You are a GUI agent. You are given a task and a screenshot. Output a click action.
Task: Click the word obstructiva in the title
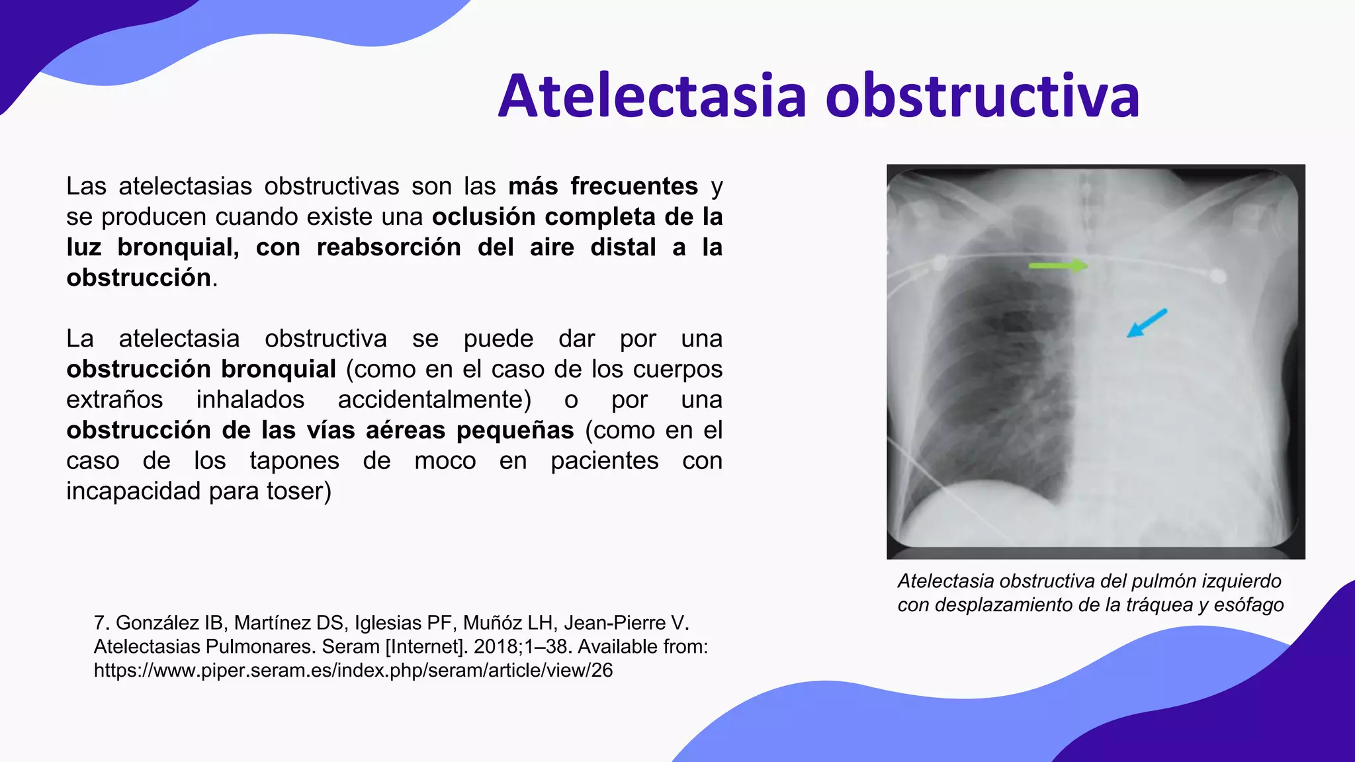(983, 97)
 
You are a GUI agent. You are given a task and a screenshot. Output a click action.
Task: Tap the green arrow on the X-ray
(1058, 266)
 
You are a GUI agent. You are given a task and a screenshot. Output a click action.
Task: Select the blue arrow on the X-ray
(1147, 323)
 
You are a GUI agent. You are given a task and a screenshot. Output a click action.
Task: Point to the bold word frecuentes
(634, 187)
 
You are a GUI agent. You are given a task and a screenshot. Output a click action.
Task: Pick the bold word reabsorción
(388, 247)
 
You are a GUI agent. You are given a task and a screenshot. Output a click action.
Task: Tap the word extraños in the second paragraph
(114, 400)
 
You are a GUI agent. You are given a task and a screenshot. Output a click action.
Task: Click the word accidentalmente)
(434, 400)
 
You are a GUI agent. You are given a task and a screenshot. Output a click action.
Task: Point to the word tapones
(294, 460)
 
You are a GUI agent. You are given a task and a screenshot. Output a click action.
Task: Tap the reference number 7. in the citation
(101, 623)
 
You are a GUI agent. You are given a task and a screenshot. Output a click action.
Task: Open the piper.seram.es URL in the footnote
(353, 671)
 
